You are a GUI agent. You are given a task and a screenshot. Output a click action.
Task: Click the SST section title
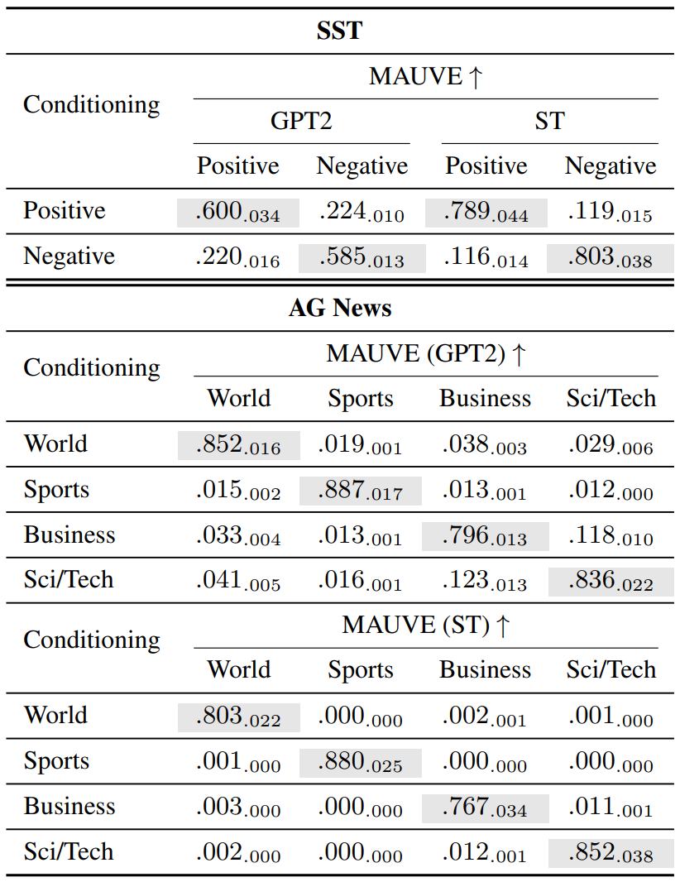[339, 31]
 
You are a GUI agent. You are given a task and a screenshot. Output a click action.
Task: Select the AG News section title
[340, 308]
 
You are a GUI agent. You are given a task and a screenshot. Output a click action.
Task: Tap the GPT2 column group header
[301, 121]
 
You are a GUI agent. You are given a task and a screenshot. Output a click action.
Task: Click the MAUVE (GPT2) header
[426, 354]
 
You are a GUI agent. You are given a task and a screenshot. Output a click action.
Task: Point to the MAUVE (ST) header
[426, 626]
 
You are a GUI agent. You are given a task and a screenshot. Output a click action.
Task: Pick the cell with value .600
[238, 213]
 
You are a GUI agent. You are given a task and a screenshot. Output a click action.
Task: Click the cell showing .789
[486, 213]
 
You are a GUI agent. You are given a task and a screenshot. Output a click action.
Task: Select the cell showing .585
[362, 258]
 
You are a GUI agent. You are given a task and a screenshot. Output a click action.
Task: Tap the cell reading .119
[611, 213]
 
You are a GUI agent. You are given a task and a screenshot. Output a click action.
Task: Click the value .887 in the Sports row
[361, 491]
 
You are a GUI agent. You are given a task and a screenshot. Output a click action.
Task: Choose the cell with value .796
[485, 537]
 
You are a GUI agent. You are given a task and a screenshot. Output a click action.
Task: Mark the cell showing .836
[611, 582]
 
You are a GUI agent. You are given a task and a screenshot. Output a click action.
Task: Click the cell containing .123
[485, 582]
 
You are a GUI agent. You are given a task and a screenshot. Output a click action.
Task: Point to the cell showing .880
[361, 763]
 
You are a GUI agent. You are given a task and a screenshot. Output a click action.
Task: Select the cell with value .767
[485, 808]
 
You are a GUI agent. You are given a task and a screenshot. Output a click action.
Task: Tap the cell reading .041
[238, 582]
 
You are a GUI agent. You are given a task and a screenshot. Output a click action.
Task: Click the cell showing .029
[611, 445]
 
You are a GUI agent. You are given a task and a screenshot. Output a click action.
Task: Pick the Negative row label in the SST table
[69, 256]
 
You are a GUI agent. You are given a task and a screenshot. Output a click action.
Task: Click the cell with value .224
[362, 213]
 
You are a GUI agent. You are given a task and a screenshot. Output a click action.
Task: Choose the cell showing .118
[611, 537]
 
